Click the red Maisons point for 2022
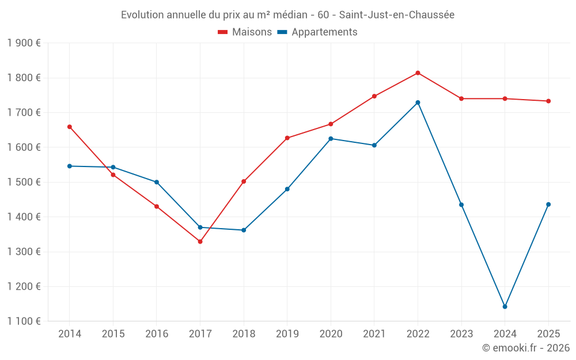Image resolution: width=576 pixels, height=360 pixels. click(x=418, y=73)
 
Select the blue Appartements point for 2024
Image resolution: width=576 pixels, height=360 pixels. click(x=505, y=306)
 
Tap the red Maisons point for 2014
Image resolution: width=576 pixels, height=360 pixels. click(x=70, y=127)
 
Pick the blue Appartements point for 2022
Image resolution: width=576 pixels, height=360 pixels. click(x=418, y=103)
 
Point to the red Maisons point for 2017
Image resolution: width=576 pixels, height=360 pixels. click(x=200, y=241)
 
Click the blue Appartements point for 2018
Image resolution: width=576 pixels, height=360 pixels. click(x=244, y=230)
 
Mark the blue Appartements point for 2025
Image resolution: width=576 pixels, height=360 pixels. click(x=548, y=204)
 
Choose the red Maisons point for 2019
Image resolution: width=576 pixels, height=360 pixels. click(x=287, y=138)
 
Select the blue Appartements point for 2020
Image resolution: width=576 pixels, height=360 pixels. click(x=331, y=139)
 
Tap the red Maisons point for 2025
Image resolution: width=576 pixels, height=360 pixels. click(x=548, y=101)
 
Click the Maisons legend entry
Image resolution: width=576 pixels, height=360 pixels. click(x=245, y=32)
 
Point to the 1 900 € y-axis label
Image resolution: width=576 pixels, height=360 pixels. click(x=24, y=43)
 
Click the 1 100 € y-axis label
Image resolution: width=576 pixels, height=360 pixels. click(x=24, y=321)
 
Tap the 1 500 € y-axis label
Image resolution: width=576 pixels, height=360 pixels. click(x=24, y=182)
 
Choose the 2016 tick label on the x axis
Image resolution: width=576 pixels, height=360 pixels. click(x=157, y=334)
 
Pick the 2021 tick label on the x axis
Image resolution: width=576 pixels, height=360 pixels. click(x=374, y=334)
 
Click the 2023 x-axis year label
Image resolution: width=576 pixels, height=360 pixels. click(x=461, y=334)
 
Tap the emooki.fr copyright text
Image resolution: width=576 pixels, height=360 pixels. click(x=525, y=348)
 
